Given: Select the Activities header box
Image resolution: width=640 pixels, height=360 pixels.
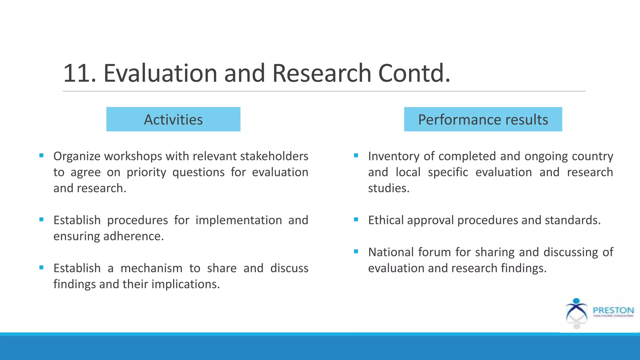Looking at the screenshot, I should point(173,119).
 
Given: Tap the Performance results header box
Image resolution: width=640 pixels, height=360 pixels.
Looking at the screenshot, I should point(483,119).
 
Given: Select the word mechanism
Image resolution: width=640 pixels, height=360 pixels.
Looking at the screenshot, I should point(151,268).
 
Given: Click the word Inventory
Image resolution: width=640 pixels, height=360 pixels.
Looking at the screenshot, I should point(393,156).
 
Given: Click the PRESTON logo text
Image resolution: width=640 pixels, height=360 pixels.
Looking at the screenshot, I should point(613,310).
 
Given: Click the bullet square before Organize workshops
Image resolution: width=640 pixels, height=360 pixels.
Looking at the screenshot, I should point(41,155).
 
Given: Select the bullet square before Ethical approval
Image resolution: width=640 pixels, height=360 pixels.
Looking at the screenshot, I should point(356,219).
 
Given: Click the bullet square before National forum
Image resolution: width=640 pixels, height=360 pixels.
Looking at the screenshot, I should point(356,251).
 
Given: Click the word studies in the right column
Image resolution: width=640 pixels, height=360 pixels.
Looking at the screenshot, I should point(388,188).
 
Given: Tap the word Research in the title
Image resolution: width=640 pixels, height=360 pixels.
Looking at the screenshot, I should point(322,73).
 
